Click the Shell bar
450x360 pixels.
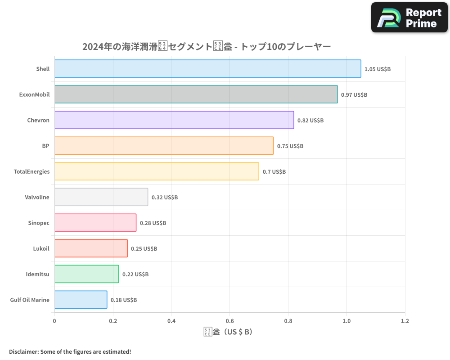207,69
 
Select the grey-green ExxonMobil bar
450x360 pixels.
196,94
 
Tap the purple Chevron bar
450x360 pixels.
174,120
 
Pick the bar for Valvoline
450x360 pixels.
101,197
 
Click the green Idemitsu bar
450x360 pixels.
86,274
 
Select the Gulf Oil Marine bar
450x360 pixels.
81,300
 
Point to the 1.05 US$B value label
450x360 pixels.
378,69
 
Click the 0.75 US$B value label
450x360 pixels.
290,146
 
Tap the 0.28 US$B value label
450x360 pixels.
153,223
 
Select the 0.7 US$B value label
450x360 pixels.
274,172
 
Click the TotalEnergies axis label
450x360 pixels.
31,171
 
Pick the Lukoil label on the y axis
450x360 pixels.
41,248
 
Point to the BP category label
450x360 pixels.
45,146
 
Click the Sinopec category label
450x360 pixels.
39,223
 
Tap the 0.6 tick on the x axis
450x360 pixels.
229,321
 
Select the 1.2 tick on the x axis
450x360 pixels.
405,321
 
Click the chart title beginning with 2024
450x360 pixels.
207,46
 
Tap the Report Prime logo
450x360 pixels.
409,18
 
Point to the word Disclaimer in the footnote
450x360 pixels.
23,351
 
